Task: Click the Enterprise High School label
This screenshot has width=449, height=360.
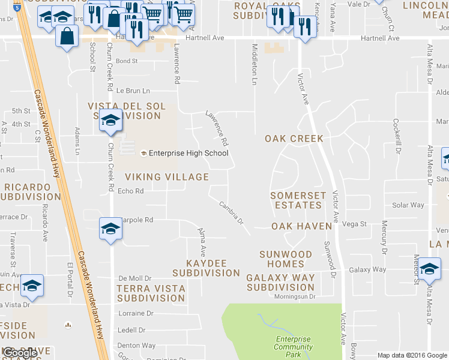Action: pos(188,153)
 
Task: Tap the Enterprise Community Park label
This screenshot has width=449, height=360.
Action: pos(293,347)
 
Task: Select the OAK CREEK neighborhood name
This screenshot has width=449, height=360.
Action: pos(294,139)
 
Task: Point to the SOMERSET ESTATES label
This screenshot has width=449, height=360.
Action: pos(298,200)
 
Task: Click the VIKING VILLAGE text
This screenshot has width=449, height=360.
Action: pos(167,177)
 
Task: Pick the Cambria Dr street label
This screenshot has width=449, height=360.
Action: pos(231,213)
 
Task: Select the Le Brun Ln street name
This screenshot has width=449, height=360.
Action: pos(133,91)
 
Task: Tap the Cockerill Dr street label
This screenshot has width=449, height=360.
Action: pos(397,136)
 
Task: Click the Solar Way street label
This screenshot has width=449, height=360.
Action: pos(408,205)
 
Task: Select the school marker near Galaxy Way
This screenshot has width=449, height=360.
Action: pos(429,270)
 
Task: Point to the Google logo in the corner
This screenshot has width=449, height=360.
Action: pos(20,353)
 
